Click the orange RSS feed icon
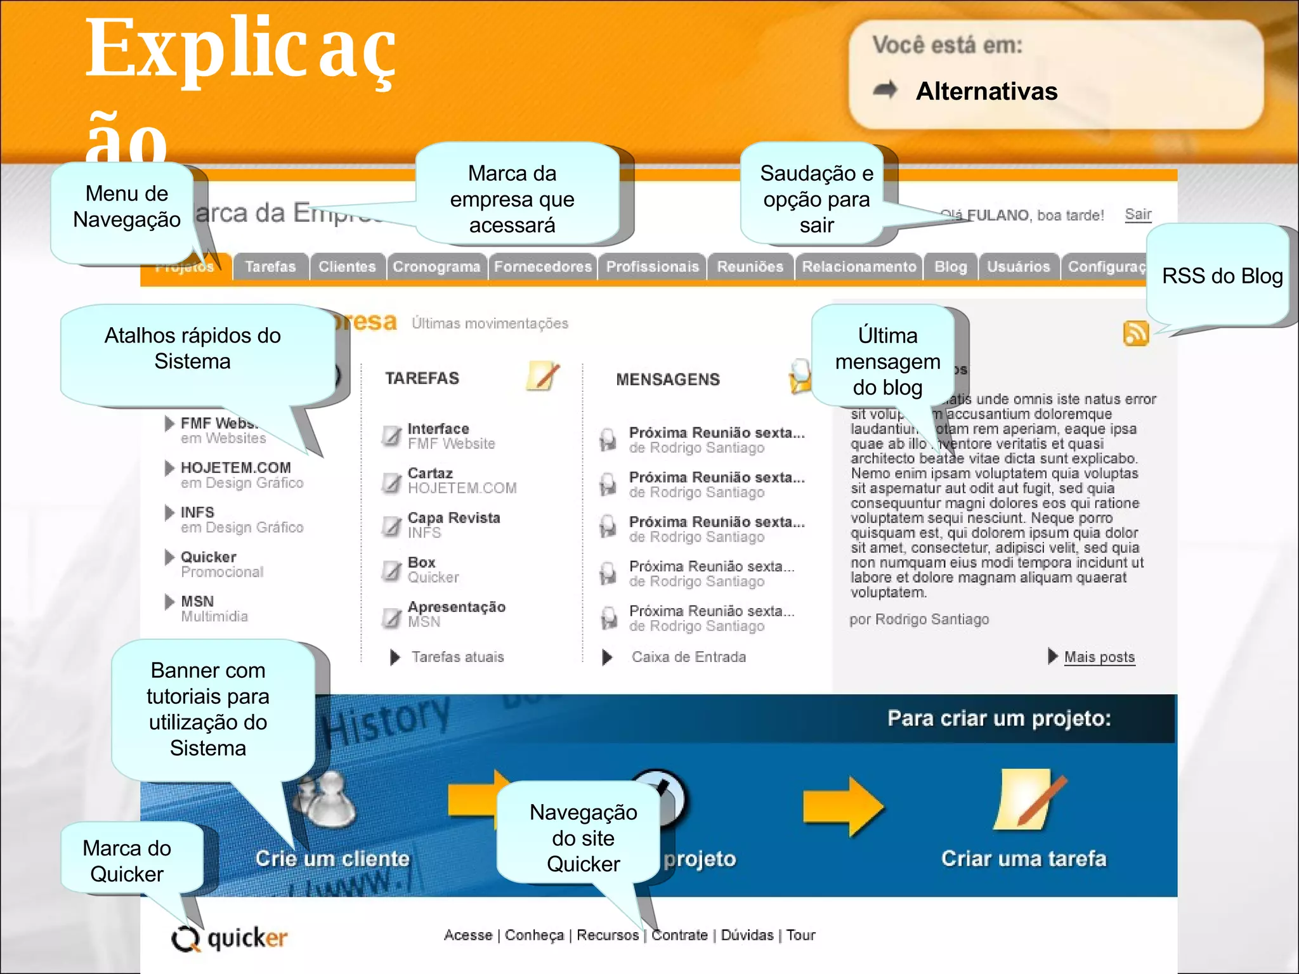tap(1136, 333)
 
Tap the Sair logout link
tap(1138, 214)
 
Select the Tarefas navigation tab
tap(271, 267)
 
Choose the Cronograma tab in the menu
tap(436, 267)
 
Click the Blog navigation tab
tap(950, 267)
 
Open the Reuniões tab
tap(750, 267)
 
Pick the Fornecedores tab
tap(543, 267)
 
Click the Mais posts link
tap(1099, 657)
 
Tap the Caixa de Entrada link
tap(688, 657)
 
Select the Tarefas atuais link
tap(457, 657)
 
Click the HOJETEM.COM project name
tap(236, 468)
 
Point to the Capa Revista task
tap(454, 518)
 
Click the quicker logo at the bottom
tap(230, 938)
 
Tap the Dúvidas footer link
tap(747, 935)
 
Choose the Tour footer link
tap(801, 935)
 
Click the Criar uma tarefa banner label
tap(1024, 859)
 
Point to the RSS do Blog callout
tap(1222, 276)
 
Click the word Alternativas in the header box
tap(986, 91)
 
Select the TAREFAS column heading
tap(422, 379)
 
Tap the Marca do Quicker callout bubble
tap(127, 860)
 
